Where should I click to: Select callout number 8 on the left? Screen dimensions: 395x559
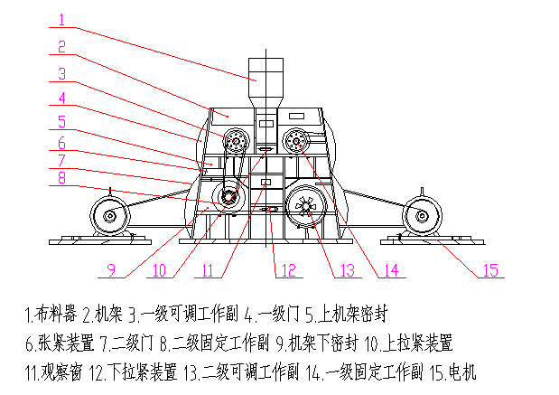pyautogui.click(x=61, y=178)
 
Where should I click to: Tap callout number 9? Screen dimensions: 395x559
pyautogui.click(x=110, y=268)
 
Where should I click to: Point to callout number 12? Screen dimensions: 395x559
pyautogui.click(x=286, y=268)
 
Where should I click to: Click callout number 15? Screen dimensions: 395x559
pyautogui.click(x=489, y=268)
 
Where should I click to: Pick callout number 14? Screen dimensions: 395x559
pyautogui.click(x=390, y=268)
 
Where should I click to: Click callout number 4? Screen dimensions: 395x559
pyautogui.click(x=61, y=98)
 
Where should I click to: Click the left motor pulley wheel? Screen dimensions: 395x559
pyautogui.click(x=109, y=215)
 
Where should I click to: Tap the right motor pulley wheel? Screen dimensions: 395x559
pyautogui.click(x=419, y=215)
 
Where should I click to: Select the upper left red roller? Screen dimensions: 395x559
pyautogui.click(x=238, y=141)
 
